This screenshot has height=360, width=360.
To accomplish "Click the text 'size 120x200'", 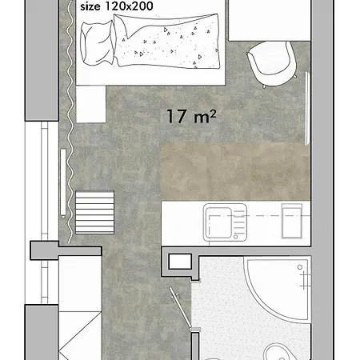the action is point(117,6).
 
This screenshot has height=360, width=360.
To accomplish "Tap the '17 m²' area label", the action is point(191,116).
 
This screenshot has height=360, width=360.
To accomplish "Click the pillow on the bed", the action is point(97,42).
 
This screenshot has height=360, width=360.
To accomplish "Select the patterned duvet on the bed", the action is point(166,41).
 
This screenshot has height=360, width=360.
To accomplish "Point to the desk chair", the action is point(272,65).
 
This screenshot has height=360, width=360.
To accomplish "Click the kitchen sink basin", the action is point(219,222).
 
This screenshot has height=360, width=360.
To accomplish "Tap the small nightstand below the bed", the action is point(91,104).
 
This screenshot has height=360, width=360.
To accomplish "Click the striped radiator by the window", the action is point(95,212).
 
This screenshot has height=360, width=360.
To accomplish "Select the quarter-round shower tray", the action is point(278,290).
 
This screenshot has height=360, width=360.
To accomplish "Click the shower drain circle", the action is point(300,267).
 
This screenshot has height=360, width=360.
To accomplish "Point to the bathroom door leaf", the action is point(181,307).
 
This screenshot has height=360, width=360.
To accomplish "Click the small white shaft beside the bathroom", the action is point(180,262).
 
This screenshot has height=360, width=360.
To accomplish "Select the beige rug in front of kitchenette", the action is point(235,172).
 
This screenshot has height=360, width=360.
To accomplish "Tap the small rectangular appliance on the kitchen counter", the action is point(292,221).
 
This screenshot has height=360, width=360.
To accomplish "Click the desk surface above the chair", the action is point(270,20).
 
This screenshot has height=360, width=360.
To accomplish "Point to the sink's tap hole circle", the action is point(236,237).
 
